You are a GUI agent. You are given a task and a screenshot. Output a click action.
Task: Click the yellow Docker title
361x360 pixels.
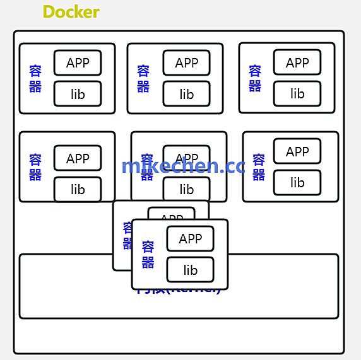[71, 12]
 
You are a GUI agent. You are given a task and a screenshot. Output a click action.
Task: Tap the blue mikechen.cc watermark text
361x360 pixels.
[183, 166]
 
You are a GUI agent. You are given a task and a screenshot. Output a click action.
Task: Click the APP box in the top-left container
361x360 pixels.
[78, 62]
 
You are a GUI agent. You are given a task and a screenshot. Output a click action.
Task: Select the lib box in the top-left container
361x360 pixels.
[78, 94]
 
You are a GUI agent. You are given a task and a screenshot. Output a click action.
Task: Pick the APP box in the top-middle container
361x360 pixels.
[186, 62]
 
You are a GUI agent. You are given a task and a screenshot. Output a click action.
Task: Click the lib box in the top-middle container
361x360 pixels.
[186, 94]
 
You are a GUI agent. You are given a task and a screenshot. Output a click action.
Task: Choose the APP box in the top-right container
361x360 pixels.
[297, 62]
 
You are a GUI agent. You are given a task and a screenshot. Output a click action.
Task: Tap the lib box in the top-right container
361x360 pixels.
[297, 94]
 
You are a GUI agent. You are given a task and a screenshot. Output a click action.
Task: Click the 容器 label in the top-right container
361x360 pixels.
[255, 78]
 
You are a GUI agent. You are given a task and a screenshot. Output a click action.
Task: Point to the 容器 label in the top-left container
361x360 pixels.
[35, 78]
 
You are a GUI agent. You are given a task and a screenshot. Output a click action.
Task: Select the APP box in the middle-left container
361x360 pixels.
[78, 158]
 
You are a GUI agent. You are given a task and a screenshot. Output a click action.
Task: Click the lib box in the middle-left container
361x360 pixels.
[78, 189]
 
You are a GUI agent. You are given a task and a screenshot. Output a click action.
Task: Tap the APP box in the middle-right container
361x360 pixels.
[297, 151]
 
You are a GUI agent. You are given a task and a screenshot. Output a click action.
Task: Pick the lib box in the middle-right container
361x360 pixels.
[297, 182]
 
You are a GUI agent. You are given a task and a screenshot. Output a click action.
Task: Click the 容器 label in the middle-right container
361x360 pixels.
[259, 167]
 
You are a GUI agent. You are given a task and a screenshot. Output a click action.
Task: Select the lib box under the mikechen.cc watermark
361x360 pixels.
[186, 189]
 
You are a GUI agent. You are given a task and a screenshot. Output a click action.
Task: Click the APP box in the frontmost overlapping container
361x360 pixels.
[190, 238]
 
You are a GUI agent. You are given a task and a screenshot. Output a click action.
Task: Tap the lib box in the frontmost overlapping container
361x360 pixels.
[190, 270]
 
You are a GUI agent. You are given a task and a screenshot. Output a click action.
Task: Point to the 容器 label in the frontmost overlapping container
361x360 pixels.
[148, 254]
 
